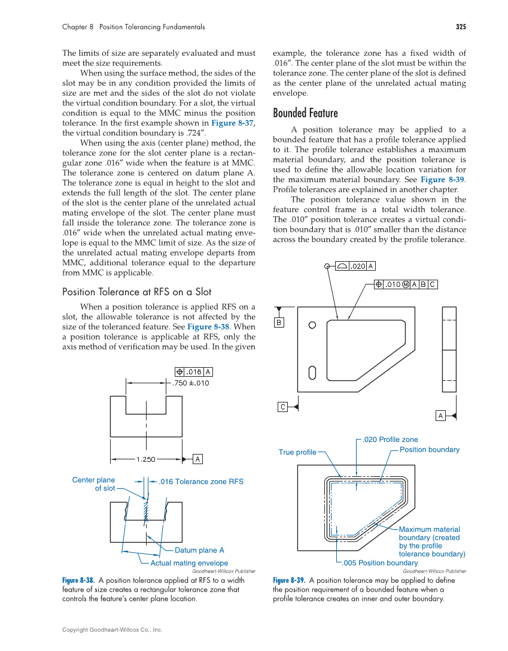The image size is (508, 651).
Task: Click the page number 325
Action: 460,27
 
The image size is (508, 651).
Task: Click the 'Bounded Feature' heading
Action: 305,113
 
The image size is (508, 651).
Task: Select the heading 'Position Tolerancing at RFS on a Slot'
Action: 136,292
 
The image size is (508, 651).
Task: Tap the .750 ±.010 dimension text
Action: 191,383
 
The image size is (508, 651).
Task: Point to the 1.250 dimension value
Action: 146,459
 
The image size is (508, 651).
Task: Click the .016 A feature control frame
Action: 191,372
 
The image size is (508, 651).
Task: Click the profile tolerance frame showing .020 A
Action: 356,266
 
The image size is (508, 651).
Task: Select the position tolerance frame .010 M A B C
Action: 406,284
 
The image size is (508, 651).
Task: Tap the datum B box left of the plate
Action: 279,323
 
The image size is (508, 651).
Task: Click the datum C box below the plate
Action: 282,407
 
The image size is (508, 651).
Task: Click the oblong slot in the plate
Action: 312,373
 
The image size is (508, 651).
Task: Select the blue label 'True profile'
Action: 297,452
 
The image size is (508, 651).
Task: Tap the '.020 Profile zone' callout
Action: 391,440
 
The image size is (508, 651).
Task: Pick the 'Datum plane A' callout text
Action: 199,550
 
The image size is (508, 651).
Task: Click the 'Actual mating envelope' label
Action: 189,563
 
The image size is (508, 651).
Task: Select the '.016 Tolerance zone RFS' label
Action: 200,482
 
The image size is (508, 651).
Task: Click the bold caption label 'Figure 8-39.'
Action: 290,580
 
